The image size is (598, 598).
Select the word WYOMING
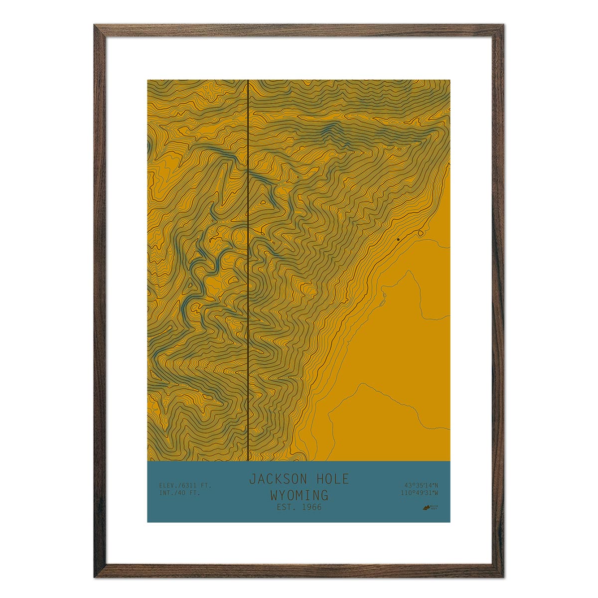299,495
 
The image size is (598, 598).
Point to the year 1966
310,507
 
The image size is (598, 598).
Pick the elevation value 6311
191,485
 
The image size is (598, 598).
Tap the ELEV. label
168,485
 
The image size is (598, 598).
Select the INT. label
167,493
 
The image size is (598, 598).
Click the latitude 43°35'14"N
421,485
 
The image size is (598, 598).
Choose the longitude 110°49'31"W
419,493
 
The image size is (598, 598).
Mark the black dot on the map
398,240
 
